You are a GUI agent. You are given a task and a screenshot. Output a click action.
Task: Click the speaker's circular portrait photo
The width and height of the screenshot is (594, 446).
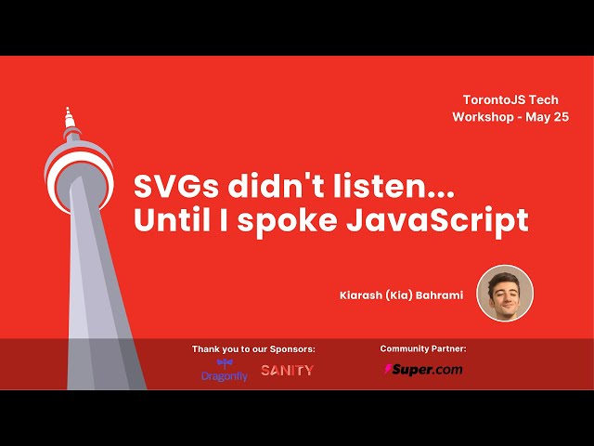pyautogui.click(x=505, y=294)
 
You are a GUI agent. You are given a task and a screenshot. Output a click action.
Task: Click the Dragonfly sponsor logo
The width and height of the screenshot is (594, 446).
pyautogui.click(x=225, y=370)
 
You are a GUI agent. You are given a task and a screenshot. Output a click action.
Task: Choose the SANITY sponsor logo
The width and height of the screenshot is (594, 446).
pyautogui.click(x=287, y=370)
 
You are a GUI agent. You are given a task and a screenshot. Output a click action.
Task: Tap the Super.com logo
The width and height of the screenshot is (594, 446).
pyautogui.click(x=423, y=369)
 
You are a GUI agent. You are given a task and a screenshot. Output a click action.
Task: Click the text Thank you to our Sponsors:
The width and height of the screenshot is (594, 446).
pyautogui.click(x=253, y=349)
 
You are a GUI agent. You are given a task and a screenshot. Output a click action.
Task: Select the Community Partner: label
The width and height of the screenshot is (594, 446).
pyautogui.click(x=423, y=348)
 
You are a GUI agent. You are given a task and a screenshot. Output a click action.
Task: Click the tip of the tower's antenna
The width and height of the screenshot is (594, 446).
pyautogui.click(x=67, y=109)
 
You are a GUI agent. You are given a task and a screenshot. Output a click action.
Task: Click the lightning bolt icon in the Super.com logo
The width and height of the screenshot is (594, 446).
pyautogui.click(x=388, y=369)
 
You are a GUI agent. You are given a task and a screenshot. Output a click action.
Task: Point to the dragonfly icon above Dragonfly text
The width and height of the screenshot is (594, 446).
pyautogui.click(x=225, y=363)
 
